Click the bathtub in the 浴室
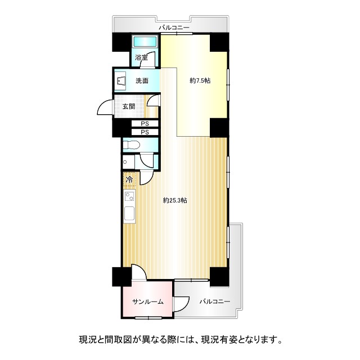point(145,42)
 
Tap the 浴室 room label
point(141,57)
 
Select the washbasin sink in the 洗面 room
point(120,81)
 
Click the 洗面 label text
point(142,81)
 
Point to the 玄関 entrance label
point(129,106)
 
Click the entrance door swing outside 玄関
point(105,107)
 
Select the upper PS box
point(145,124)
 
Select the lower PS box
point(145,132)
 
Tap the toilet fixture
point(131,145)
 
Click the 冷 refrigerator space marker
point(130,179)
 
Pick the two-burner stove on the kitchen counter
point(130,196)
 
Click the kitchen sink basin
point(129,214)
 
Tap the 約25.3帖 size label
point(175,200)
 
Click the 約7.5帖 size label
point(200,81)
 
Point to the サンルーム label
point(148,301)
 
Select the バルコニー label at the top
point(174,28)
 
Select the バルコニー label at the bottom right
point(215,301)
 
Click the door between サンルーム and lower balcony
point(181,304)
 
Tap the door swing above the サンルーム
point(139,272)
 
